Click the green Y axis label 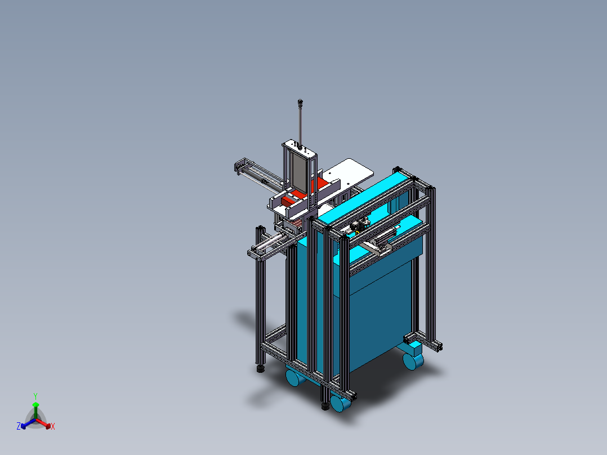coord(35,396)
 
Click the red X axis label coord(53,426)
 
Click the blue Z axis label coord(18,426)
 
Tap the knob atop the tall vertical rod coord(300,102)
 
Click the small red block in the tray coord(288,200)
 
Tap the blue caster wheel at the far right coord(412,360)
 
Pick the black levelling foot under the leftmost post coord(261,369)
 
